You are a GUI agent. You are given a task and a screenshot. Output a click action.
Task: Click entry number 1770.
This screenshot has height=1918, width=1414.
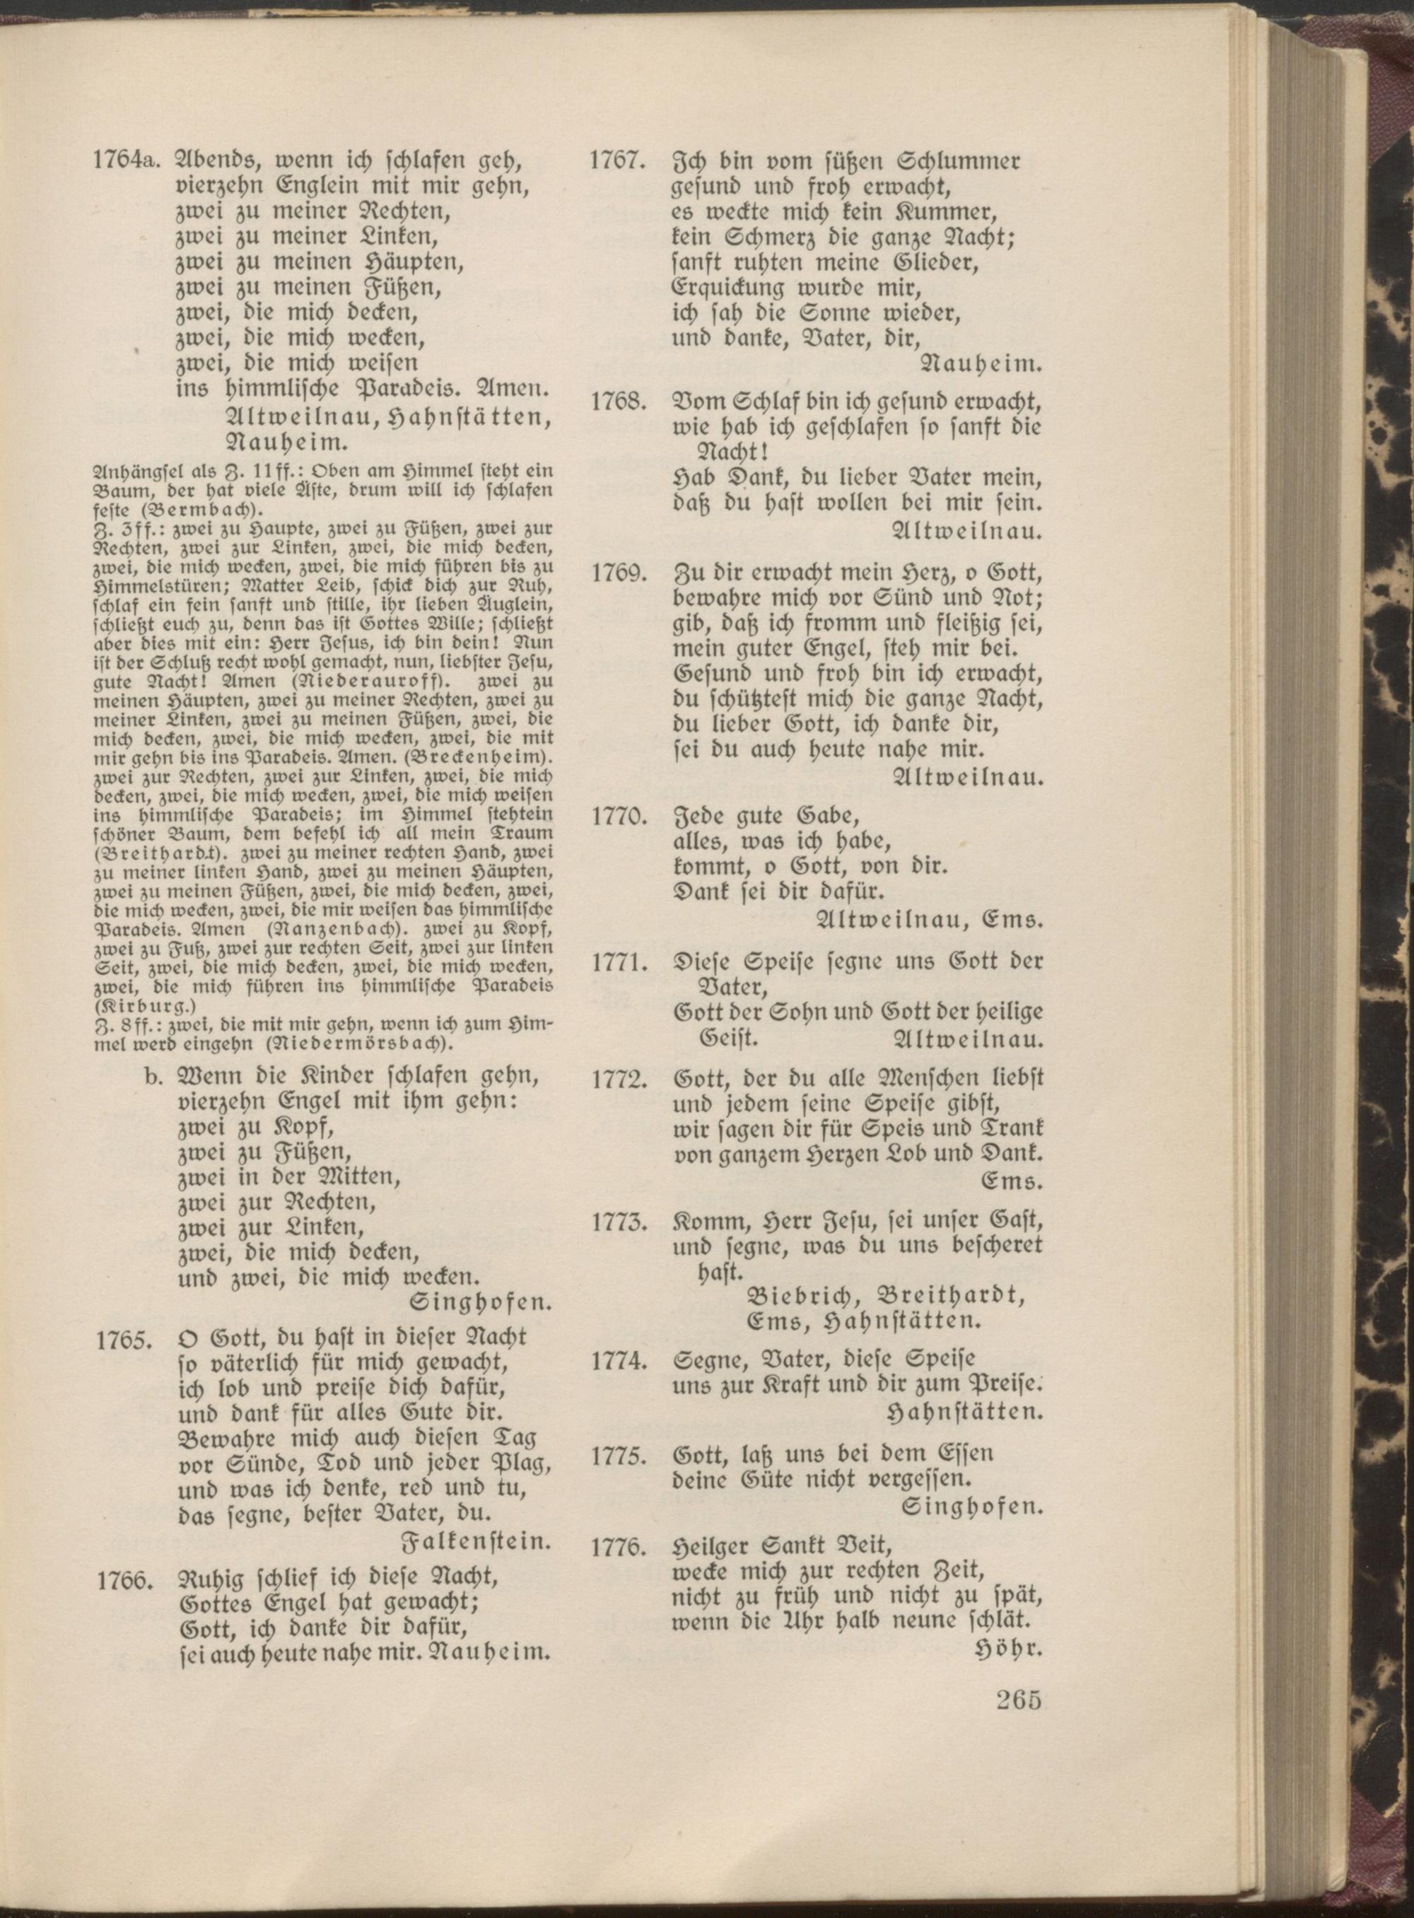[617, 816]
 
